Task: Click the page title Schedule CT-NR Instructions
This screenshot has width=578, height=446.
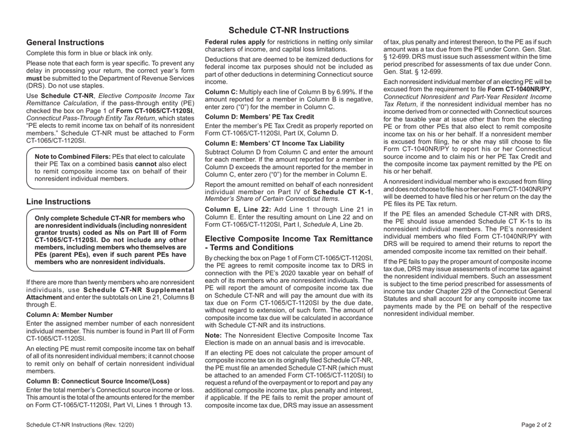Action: tap(288, 30)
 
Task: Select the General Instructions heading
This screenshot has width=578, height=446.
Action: tap(65, 43)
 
